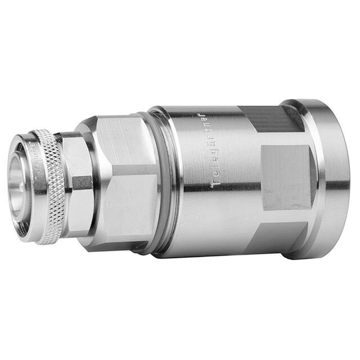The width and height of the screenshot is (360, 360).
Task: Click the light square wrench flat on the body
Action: pyautogui.click(x=286, y=177)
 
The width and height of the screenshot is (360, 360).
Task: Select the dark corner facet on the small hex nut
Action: pyautogui.click(x=82, y=183)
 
